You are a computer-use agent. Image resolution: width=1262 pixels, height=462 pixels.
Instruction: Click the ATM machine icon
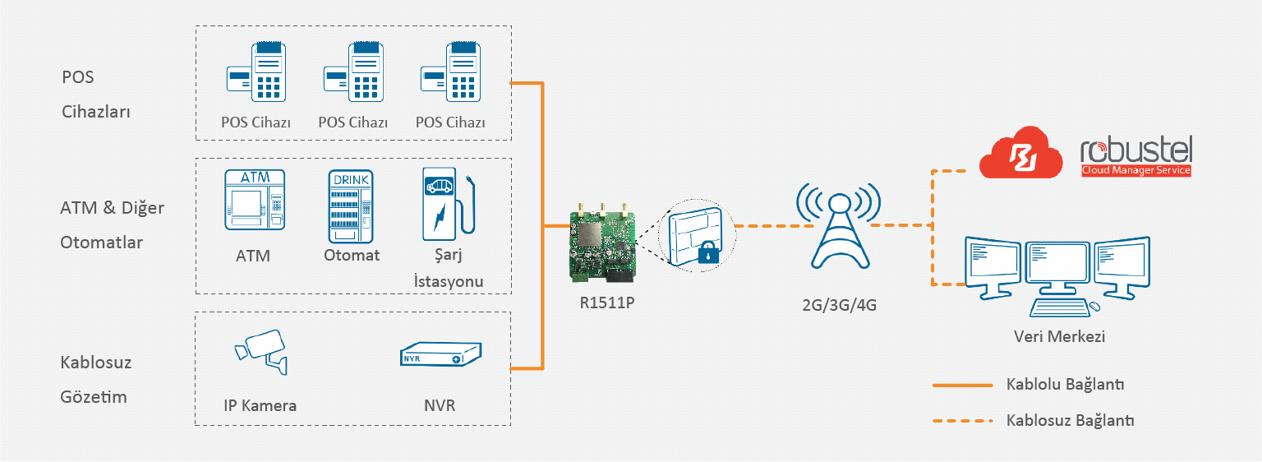pyautogui.click(x=254, y=200)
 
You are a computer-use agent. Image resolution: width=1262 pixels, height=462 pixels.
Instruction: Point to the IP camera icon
pyautogui.click(x=261, y=353)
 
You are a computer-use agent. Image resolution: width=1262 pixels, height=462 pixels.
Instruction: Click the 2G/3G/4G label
pyautogui.click(x=839, y=305)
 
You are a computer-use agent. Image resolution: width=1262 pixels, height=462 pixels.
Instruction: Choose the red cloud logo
pyautogui.click(x=1022, y=154)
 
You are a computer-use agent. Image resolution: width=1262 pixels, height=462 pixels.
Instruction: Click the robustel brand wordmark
pyautogui.click(x=1135, y=151)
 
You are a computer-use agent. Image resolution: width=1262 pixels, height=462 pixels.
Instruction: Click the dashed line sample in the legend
pyautogui.click(x=963, y=421)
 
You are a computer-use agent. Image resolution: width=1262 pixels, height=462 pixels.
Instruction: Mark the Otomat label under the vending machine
pyautogui.click(x=352, y=256)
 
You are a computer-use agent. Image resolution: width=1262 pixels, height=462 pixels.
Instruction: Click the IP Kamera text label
pyautogui.click(x=260, y=405)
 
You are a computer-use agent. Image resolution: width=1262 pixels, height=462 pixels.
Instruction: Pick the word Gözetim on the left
pyautogui.click(x=94, y=398)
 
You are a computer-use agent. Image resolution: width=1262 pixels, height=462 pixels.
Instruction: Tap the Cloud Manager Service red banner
pyautogui.click(x=1135, y=170)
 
